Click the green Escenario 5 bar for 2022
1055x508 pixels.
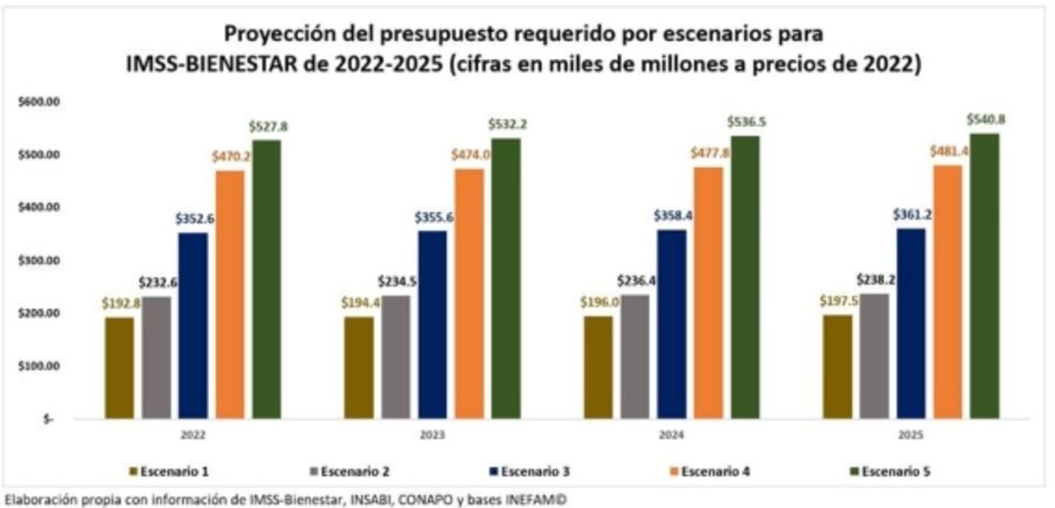[266, 279]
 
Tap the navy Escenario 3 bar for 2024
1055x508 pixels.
[671, 324]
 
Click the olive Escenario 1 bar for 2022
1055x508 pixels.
[119, 368]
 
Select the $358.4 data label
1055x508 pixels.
[672, 215]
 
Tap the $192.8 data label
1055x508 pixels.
[120, 303]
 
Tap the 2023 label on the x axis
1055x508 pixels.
[432, 434]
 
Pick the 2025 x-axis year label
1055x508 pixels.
[912, 434]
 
